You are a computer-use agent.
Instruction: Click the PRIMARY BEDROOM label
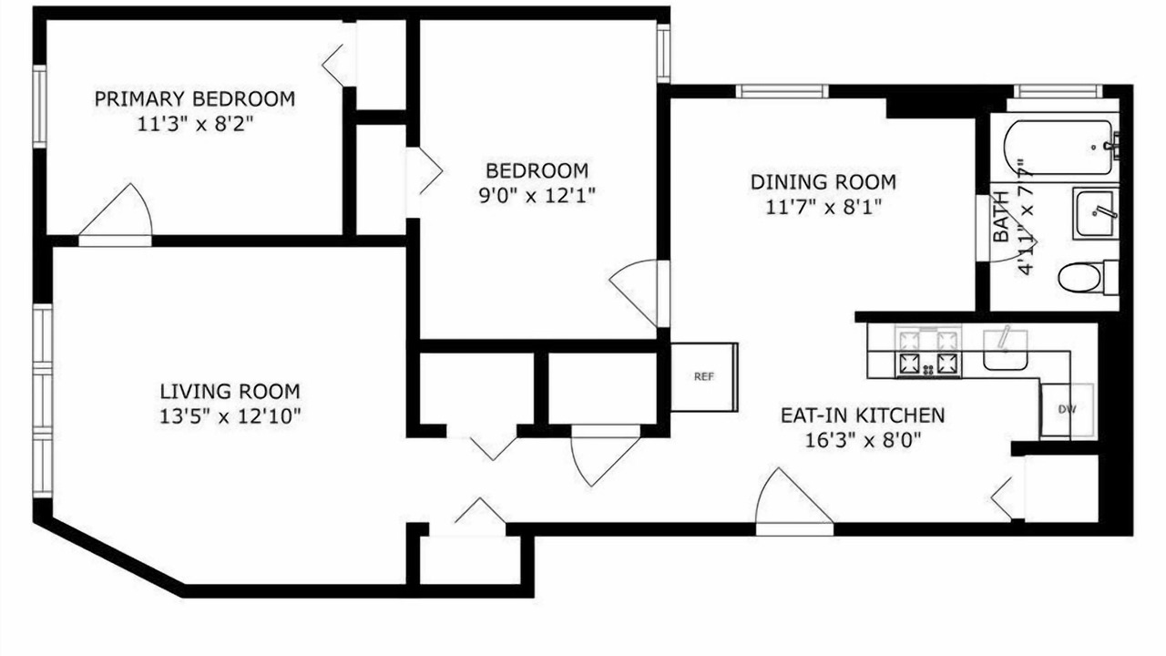[x=195, y=99]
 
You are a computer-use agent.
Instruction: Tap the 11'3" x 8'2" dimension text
[x=195, y=125]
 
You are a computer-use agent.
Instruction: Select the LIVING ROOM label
[x=230, y=392]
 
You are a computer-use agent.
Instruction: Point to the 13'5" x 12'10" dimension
[x=230, y=416]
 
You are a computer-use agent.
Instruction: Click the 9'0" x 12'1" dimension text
[x=537, y=196]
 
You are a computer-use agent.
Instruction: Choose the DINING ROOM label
[x=823, y=182]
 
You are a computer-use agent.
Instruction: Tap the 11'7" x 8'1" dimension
[x=823, y=207]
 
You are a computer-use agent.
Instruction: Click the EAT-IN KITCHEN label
[x=863, y=415]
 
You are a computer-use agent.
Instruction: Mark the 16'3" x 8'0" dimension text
[x=863, y=440]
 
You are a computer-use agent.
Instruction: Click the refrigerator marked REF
[x=704, y=377]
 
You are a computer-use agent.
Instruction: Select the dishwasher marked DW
[x=1067, y=410]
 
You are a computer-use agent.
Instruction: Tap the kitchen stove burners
[x=928, y=351]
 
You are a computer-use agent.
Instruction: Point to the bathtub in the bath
[x=1059, y=149]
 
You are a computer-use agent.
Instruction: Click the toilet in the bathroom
[x=1088, y=277]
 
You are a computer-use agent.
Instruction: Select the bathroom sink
[x=1095, y=213]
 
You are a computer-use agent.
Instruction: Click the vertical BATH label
[x=1001, y=217]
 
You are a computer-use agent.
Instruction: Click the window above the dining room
[x=782, y=91]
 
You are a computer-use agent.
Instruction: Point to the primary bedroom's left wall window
[x=39, y=107]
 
